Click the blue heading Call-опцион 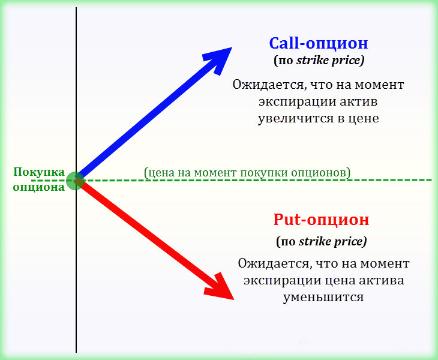[x=318, y=44]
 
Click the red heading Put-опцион [x=321, y=220]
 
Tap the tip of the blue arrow [x=230, y=48]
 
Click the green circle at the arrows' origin [x=75, y=180]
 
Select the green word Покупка [x=39, y=173]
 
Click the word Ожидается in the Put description [x=269, y=263]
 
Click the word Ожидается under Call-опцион [x=264, y=85]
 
